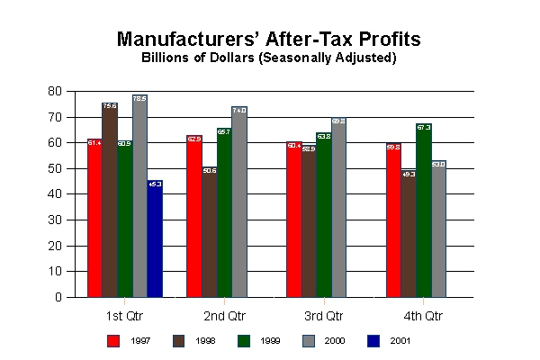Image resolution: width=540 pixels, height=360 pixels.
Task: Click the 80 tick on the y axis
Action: coord(55,92)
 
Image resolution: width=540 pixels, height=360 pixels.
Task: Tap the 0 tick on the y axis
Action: coord(58,297)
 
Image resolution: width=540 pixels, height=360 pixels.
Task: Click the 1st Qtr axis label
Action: coord(125,317)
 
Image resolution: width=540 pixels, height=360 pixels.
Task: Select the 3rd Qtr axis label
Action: coord(323,317)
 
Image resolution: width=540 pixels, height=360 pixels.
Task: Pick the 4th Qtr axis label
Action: coord(422,317)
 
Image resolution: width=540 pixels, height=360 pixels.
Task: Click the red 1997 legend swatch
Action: coord(113,340)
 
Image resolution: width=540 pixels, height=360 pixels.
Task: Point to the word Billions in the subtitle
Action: coord(168,58)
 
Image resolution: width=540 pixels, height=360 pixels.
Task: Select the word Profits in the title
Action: coord(387,40)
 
